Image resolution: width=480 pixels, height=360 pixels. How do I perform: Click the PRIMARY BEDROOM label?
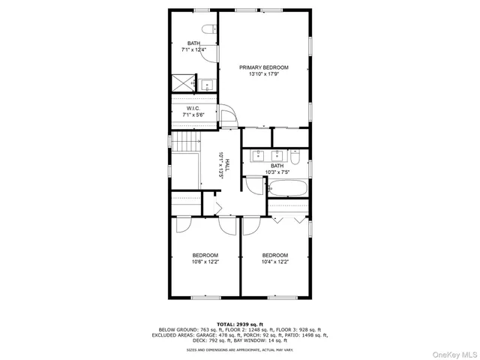(x=264, y=67)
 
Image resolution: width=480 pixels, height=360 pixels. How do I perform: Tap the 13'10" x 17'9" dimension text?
(x=264, y=74)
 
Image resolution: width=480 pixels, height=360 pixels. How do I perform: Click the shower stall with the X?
(x=182, y=83)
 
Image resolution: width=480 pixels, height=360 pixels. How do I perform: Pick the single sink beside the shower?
(x=205, y=84)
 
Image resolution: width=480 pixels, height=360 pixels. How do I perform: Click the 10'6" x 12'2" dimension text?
(x=205, y=262)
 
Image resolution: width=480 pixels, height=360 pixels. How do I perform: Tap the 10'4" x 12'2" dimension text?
(x=274, y=262)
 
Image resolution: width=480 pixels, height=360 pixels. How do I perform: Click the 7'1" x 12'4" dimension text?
(x=194, y=50)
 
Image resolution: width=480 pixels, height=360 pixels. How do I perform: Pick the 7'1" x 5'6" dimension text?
(x=194, y=115)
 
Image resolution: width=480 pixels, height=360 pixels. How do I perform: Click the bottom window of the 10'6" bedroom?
(x=205, y=297)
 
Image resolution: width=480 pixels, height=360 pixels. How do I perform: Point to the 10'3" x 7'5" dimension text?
(x=277, y=172)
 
